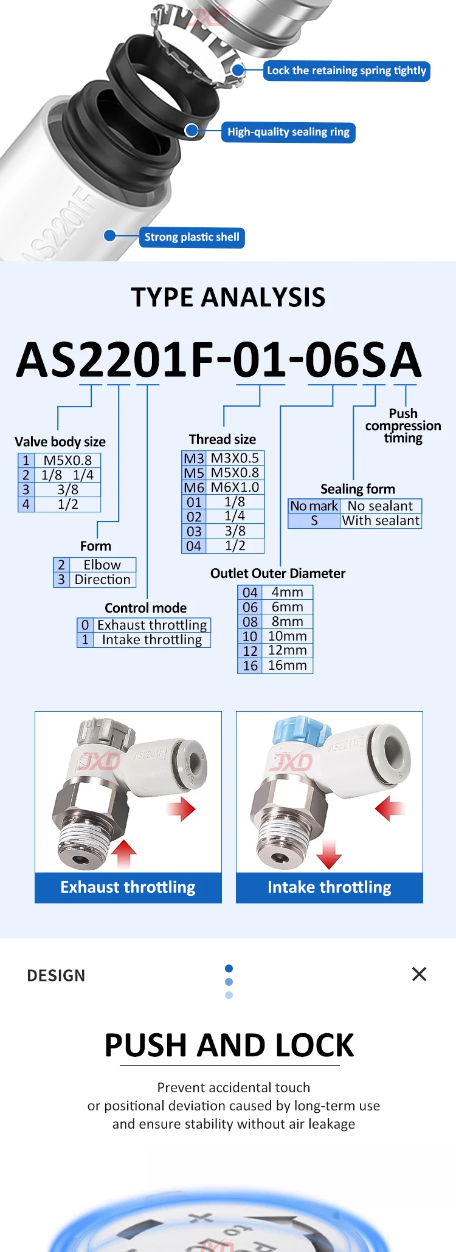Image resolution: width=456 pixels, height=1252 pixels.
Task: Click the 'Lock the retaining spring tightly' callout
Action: tap(347, 71)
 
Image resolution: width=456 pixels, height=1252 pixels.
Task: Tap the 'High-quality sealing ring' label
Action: tap(288, 132)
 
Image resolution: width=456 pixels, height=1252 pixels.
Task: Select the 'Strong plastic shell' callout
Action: tap(192, 237)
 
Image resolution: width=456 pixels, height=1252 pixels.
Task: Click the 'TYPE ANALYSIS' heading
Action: tap(228, 297)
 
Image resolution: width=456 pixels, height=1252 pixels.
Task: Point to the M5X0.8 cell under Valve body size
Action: tap(67, 460)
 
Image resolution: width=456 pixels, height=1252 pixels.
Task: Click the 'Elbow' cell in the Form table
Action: tap(102, 565)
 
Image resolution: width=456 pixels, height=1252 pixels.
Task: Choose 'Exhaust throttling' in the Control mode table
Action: tap(152, 625)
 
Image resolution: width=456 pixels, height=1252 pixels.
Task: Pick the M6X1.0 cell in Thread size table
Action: tap(235, 487)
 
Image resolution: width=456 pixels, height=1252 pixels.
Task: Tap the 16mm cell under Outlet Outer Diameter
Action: tap(287, 666)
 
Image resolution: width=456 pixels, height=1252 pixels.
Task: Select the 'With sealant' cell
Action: tap(381, 521)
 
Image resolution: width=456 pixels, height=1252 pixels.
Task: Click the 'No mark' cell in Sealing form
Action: tap(314, 506)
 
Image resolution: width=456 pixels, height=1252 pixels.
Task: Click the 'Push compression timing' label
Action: tap(403, 425)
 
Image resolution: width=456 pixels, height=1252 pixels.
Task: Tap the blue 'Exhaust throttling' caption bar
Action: tap(128, 887)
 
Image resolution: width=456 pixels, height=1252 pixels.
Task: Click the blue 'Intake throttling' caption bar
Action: tap(330, 887)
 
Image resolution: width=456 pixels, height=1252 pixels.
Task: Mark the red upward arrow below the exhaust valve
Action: tap(123, 853)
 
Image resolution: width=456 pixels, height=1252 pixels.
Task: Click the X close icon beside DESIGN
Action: tap(420, 974)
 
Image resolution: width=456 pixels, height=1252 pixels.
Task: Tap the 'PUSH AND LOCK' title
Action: tap(229, 1045)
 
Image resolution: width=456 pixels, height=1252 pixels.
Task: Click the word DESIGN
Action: tap(56, 975)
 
